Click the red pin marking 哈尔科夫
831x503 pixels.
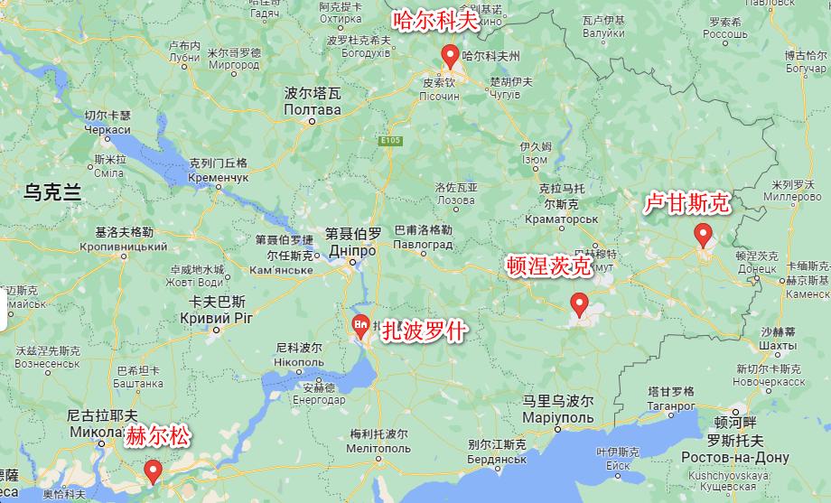[x=450, y=57]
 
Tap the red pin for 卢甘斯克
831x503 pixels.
[x=703, y=236]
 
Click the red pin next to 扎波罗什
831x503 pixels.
[x=360, y=326]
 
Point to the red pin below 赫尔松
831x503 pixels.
[x=153, y=470]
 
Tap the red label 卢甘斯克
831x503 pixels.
[x=686, y=203]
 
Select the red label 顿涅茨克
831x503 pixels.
[x=548, y=265]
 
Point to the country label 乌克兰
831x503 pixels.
[x=52, y=191]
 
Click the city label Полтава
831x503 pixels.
[x=313, y=110]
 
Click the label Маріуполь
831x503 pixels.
[x=558, y=417]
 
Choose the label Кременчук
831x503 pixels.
[x=218, y=179]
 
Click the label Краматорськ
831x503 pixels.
[x=562, y=219]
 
